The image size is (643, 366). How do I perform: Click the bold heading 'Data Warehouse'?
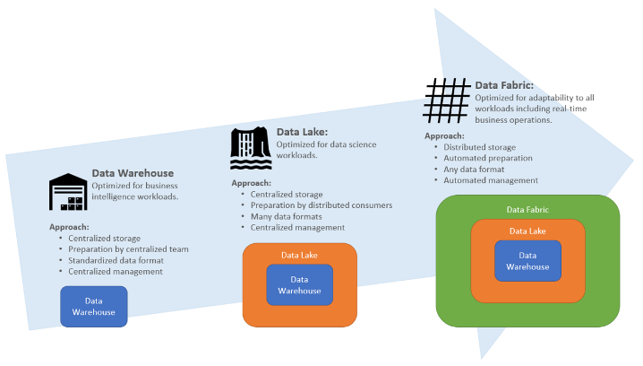point(133,173)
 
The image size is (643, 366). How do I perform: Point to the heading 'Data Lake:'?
point(302,132)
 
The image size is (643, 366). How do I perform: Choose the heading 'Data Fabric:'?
point(504,85)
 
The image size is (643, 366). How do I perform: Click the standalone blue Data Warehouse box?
point(94,306)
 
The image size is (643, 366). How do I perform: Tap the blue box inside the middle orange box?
point(299,284)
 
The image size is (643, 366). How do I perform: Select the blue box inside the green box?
point(528,260)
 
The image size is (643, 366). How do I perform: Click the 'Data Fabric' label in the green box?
point(527,209)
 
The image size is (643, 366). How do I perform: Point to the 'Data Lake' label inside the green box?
point(528,231)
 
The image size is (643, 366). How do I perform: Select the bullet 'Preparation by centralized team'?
point(128,248)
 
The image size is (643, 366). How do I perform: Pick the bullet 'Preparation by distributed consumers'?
point(321,205)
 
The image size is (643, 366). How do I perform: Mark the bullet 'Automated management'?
point(491,180)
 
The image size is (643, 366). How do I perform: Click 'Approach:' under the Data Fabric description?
point(444,136)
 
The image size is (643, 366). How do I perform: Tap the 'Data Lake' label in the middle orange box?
point(300,255)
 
